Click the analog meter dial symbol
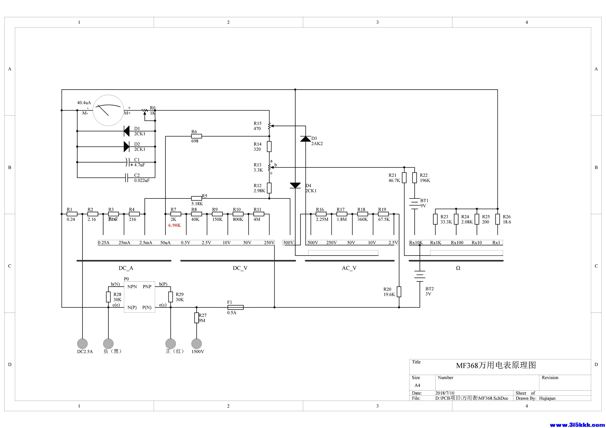click(108, 110)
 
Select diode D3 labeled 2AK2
click(306, 139)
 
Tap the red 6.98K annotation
click(174, 225)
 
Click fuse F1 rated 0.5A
click(235, 307)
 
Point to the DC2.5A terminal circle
click(82, 344)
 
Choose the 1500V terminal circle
click(196, 344)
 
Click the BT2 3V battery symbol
click(420, 276)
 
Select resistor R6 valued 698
click(196, 136)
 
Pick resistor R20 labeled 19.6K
click(399, 292)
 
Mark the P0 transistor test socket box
click(140, 297)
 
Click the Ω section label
click(458, 268)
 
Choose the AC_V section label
click(349, 268)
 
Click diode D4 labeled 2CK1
click(295, 186)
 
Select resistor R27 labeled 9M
click(196, 318)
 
